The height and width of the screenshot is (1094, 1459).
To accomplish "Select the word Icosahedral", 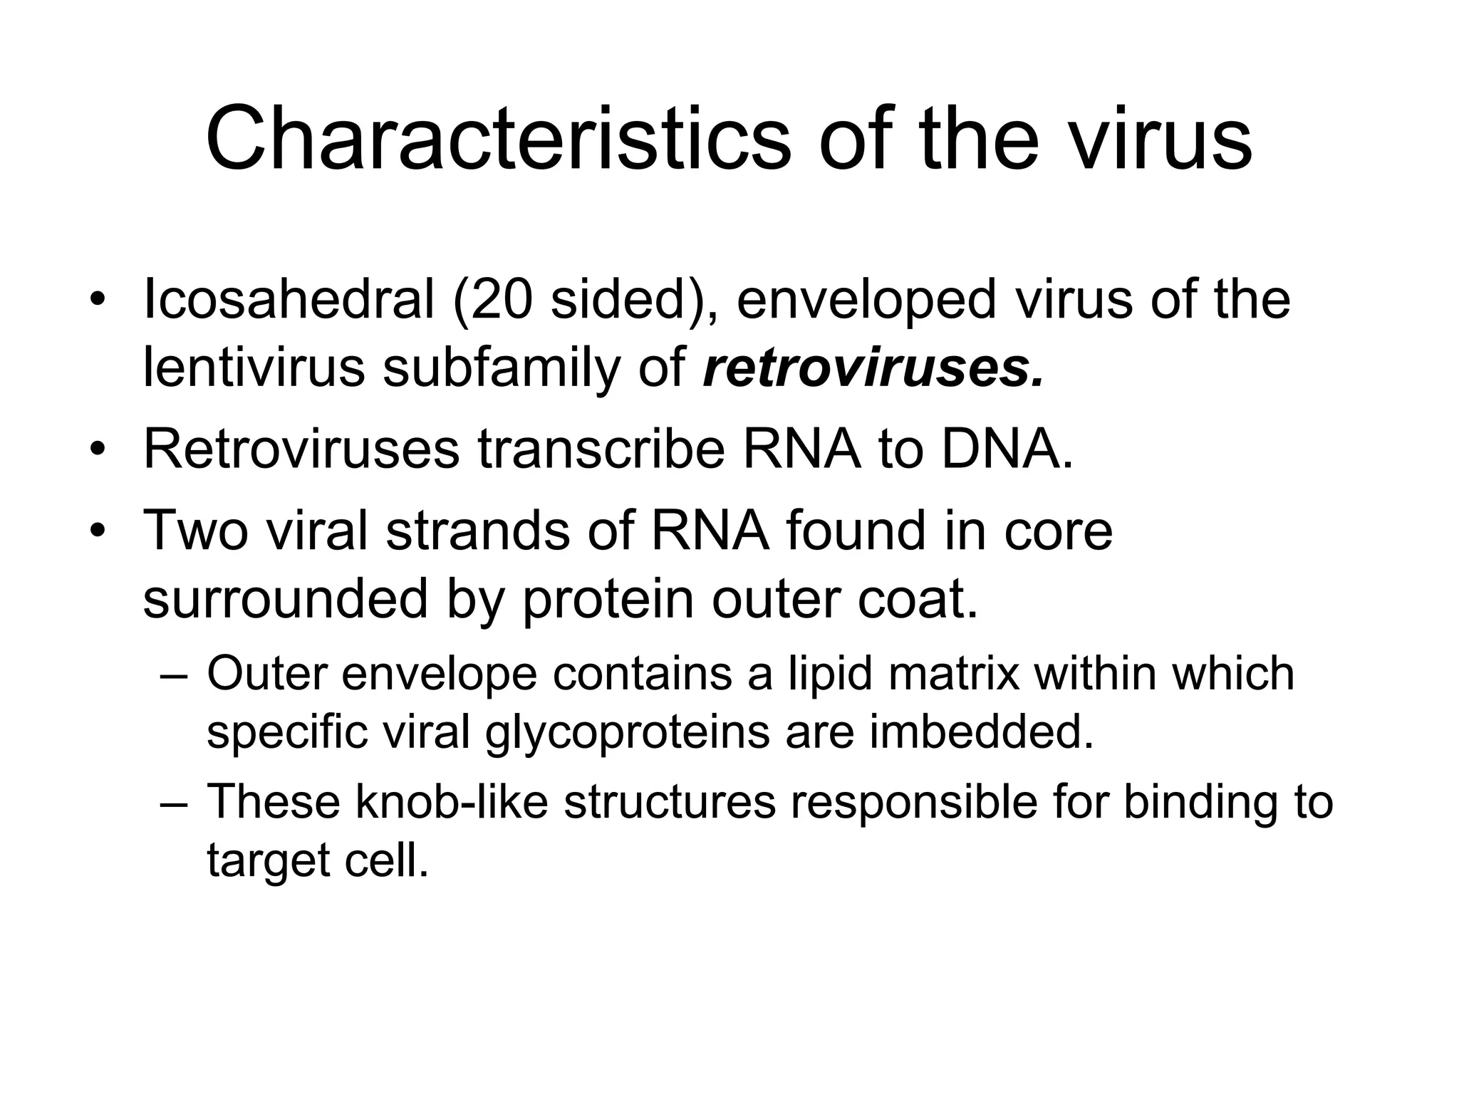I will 289,299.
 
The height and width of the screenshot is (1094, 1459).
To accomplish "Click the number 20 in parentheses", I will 502,299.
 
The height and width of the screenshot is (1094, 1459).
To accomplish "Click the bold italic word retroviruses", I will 873,368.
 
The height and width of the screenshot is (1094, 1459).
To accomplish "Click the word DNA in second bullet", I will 1006,449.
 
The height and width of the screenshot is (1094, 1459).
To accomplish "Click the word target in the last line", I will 268,860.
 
